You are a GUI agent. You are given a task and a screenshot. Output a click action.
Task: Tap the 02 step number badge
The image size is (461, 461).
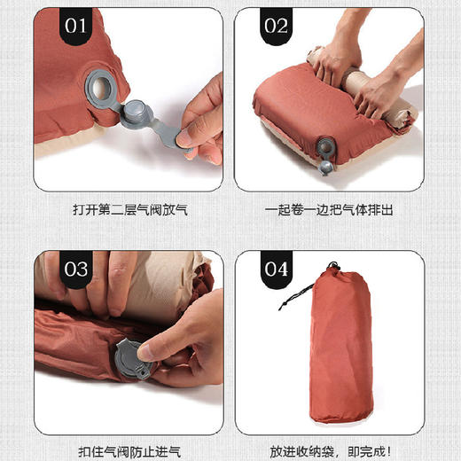277,25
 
